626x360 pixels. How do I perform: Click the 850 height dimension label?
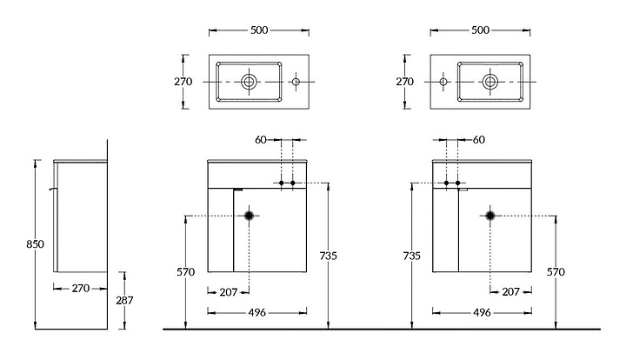click(x=35, y=243)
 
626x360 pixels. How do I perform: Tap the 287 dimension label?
click(x=124, y=300)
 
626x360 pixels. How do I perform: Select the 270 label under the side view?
click(x=81, y=288)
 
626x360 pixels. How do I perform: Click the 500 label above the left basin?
click(x=259, y=30)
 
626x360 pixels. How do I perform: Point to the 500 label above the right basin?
click(x=480, y=30)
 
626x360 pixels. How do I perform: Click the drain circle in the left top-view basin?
click(x=249, y=82)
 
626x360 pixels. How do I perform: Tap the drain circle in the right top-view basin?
click(x=490, y=82)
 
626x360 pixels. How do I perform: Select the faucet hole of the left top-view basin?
click(x=296, y=82)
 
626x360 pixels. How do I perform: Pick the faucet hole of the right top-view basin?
click(x=443, y=82)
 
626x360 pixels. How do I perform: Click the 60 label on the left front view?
click(x=261, y=140)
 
